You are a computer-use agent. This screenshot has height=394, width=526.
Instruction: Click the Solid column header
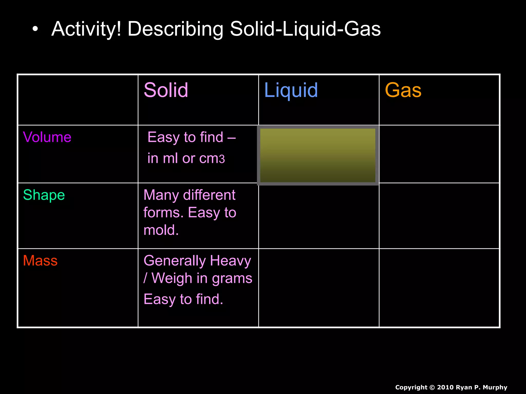coord(166,90)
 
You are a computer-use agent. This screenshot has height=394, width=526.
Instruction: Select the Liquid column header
coord(291,90)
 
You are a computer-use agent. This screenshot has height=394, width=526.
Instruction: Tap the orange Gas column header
coord(403,90)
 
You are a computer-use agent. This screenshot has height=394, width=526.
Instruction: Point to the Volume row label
coord(47,137)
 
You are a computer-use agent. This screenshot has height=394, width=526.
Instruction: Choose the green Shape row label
coord(44,195)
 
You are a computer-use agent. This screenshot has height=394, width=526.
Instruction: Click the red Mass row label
coord(40,261)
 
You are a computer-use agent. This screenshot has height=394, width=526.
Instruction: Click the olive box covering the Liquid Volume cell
coord(318,155)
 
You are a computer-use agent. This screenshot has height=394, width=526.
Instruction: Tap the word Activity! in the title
coord(86,29)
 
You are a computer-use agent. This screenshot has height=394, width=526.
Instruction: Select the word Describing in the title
coord(175,29)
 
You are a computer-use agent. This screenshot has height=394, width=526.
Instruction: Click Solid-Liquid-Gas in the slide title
coord(305,29)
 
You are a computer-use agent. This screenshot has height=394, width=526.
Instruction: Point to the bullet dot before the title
coord(35,29)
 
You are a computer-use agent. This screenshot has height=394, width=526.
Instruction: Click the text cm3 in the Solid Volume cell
coord(212,159)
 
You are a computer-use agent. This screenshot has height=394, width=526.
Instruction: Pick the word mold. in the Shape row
coord(161,230)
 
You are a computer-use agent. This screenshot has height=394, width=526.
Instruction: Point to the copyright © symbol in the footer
coord(432,387)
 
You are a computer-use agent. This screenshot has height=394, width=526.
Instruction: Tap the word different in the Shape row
coord(209,195)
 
